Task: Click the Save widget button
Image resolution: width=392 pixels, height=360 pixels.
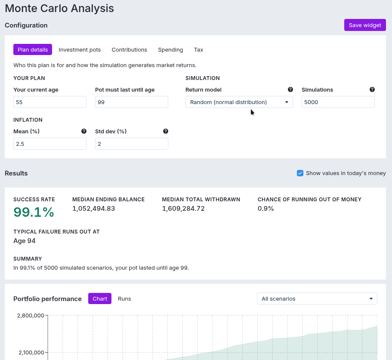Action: pos(365,25)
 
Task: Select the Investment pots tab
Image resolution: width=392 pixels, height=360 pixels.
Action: pos(80,50)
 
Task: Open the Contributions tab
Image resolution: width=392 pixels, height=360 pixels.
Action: pos(129,50)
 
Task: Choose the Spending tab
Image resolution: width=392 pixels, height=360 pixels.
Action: pos(170,50)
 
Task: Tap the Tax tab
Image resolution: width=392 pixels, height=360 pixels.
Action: pos(198,50)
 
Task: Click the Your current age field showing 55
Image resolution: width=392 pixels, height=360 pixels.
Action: pos(50,102)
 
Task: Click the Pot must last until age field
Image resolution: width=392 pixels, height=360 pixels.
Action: pos(132,102)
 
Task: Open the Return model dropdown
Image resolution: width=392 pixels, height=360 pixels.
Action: pos(239,102)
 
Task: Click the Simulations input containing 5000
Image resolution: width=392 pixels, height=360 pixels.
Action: pos(338,102)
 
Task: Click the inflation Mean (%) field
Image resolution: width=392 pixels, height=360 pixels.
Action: pos(50,144)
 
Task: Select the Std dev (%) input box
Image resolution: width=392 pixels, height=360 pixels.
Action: pos(132,144)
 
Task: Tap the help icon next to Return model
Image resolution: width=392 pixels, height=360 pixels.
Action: pos(290,89)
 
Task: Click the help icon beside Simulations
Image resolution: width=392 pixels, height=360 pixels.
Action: pos(372,89)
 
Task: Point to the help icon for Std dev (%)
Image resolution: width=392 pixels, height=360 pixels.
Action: pos(166,131)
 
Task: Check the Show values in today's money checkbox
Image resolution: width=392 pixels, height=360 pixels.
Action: pos(300,173)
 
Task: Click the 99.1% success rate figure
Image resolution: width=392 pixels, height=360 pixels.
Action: pos(34,212)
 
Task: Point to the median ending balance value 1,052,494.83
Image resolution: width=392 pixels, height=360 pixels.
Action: pos(93,208)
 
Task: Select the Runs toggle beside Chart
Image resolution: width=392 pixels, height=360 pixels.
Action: pos(124,298)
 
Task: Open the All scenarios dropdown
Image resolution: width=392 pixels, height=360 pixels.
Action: pos(317,298)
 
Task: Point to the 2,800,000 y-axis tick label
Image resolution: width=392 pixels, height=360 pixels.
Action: pos(31,316)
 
